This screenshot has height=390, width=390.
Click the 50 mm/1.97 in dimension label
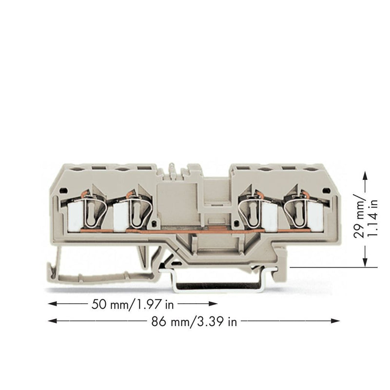click(133, 304)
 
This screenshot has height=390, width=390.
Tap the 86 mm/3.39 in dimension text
click(194, 322)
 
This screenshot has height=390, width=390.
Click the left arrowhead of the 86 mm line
click(52, 321)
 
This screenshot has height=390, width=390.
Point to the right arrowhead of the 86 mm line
click(336, 321)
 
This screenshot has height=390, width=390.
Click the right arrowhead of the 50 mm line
click(214, 304)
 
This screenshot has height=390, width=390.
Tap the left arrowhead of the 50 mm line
click(52, 304)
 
